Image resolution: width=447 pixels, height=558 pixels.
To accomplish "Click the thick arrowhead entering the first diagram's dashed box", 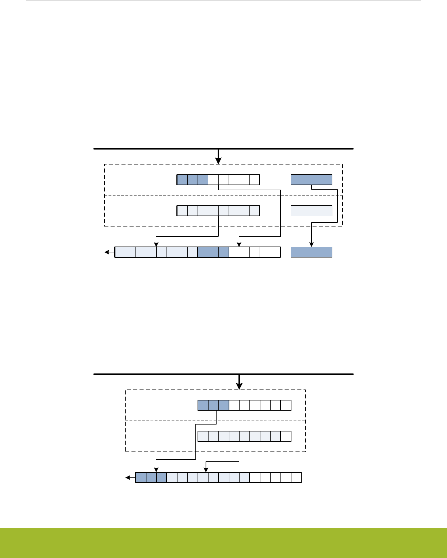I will click(x=218, y=161).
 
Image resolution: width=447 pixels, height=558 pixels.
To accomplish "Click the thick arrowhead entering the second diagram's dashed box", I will click(x=239, y=386).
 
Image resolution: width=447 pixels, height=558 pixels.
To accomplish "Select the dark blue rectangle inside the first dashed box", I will click(x=312, y=180).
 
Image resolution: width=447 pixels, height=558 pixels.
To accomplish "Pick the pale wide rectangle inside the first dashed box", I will click(x=312, y=211).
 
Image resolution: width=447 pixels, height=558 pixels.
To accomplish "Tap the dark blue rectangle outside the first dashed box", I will click(x=312, y=252).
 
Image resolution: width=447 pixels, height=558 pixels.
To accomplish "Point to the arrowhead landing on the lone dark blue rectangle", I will click(x=312, y=245).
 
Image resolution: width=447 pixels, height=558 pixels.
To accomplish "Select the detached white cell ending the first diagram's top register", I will click(x=265, y=180).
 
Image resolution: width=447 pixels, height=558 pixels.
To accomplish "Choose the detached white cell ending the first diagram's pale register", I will click(x=265, y=211).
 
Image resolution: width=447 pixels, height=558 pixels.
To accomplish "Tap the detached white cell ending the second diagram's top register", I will click(x=286, y=405).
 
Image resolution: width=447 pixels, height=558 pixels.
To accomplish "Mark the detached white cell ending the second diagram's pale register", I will click(x=286, y=436).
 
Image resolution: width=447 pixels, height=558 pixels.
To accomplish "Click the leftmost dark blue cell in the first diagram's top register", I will click(x=182, y=180).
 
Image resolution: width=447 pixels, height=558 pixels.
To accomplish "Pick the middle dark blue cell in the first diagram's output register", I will click(x=213, y=252).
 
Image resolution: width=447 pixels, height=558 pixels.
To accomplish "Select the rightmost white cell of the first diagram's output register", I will click(x=275, y=252).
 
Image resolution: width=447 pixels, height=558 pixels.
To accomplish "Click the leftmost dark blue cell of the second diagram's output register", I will click(x=141, y=478).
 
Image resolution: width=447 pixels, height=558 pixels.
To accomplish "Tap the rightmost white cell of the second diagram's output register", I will click(x=296, y=478).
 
